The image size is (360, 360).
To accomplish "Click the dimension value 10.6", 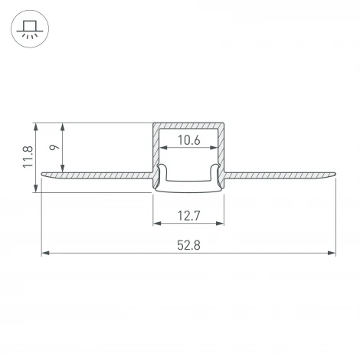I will pos(189,139).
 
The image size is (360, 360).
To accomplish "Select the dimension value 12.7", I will pos(189,215).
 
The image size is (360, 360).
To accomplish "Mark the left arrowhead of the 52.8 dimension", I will pos(44,253).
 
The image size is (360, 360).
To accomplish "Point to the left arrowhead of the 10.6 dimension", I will pos(162,149).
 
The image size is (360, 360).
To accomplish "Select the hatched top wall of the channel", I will pos(189,125).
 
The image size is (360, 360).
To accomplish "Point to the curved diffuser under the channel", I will pos(189,185).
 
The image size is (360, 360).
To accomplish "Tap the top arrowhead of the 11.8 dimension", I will pos(37,125).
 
